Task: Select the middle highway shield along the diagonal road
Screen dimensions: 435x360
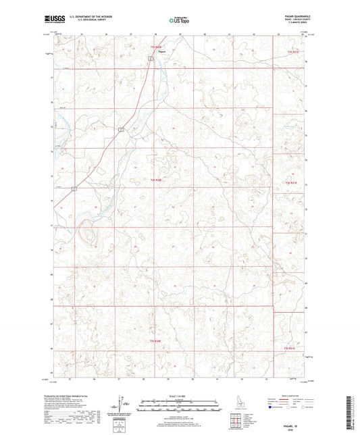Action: pos(120,128)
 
